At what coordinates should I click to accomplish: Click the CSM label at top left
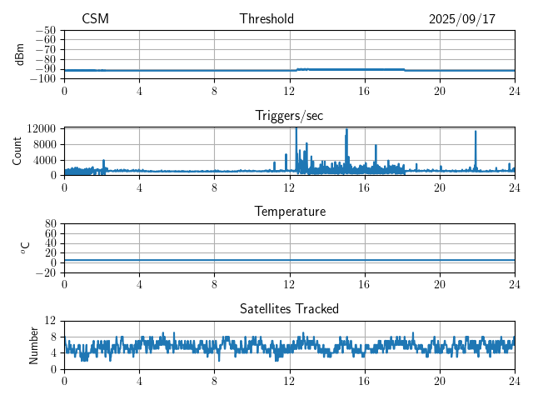coord(95,19)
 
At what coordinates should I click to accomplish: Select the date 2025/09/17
coord(462,19)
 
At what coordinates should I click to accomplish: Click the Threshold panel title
coord(266,19)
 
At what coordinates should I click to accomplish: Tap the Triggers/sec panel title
coord(290,116)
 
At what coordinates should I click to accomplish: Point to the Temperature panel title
coord(290,212)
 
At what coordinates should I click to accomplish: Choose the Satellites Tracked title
coord(290,308)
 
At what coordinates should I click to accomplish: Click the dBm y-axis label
coord(20,54)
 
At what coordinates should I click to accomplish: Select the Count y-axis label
coord(17,151)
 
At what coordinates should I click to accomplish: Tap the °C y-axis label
coord(25,247)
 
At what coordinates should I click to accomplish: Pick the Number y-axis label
coord(34,344)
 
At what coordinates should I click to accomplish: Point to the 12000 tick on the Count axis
coord(41,128)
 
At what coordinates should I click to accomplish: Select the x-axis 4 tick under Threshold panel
coord(139,91)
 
